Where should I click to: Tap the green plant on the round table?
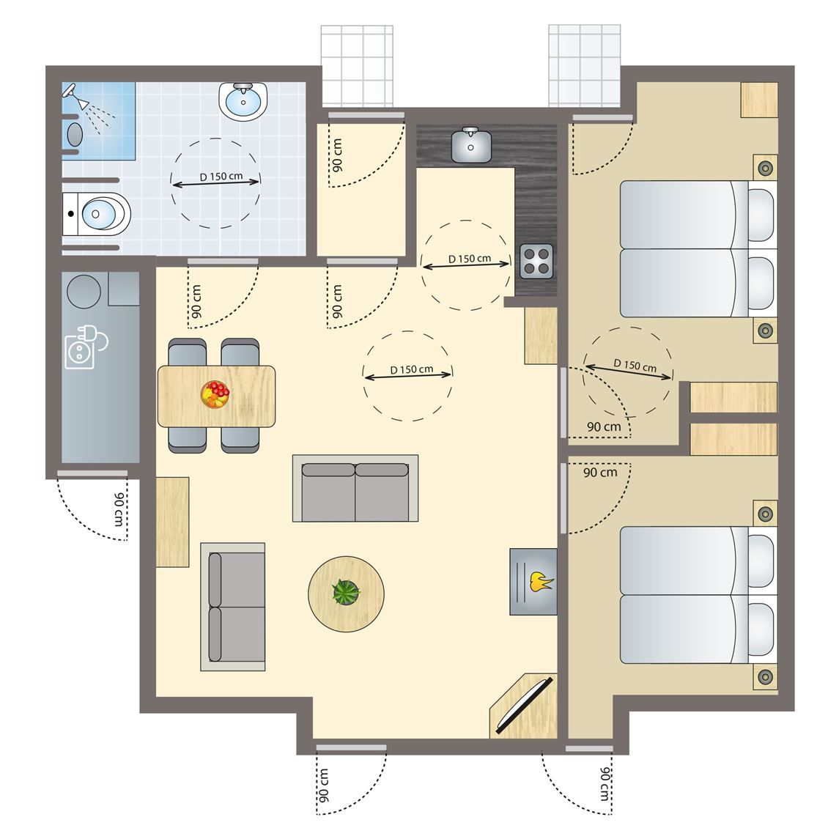click(x=346, y=592)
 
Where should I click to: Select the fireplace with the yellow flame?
click(x=533, y=582)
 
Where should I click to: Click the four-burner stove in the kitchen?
click(x=536, y=261)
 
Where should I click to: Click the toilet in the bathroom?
click(x=96, y=214)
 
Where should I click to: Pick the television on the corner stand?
click(x=525, y=705)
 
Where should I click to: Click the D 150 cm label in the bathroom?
click(x=221, y=176)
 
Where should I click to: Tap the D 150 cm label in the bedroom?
click(x=635, y=366)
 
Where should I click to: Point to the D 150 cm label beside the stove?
click(x=469, y=259)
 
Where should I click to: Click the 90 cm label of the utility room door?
click(x=119, y=509)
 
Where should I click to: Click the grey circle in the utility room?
click(x=84, y=292)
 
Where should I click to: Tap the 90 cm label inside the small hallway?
click(x=337, y=155)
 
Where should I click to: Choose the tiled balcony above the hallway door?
click(x=357, y=66)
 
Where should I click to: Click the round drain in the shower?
click(x=75, y=134)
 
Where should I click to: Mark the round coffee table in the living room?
click(x=346, y=594)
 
